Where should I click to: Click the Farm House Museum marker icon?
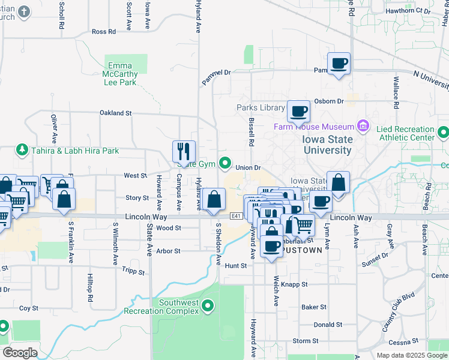(x=363, y=127)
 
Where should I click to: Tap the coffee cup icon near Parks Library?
(x=298, y=111)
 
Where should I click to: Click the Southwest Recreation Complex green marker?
(x=208, y=307)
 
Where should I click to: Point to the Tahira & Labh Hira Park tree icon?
(x=22, y=149)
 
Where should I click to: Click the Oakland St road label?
(x=115, y=113)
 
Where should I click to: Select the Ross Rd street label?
(x=103, y=32)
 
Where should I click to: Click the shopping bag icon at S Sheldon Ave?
(x=214, y=199)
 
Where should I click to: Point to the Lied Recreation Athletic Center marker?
(x=443, y=132)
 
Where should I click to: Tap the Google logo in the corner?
(x=20, y=353)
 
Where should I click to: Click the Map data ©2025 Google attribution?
(x=411, y=355)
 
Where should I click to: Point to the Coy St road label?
(x=28, y=308)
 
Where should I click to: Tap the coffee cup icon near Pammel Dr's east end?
(x=339, y=63)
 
